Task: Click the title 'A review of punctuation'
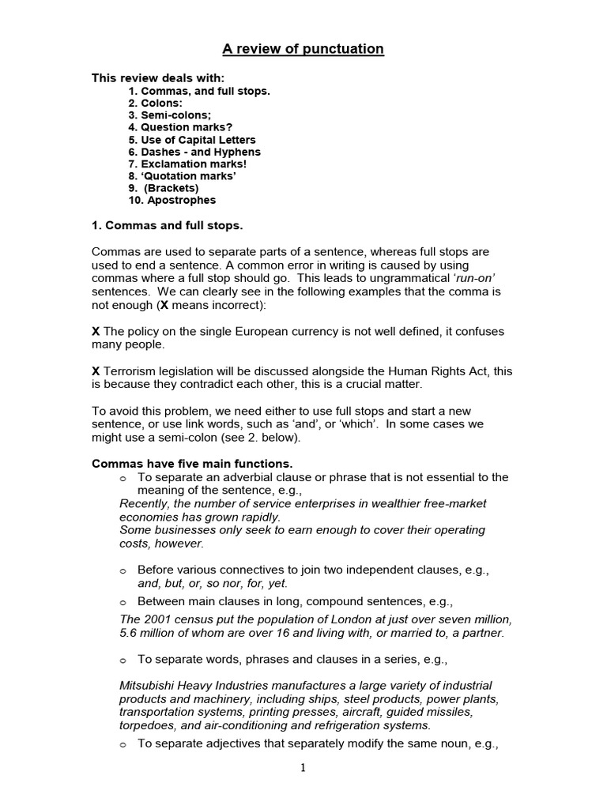[303, 49]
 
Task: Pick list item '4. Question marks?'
[180, 127]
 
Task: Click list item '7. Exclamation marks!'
[190, 164]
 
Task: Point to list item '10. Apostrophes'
[172, 200]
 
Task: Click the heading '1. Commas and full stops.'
[168, 226]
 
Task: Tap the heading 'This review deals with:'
[158, 77]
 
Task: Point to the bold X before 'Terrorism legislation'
[96, 371]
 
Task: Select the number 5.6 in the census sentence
[128, 632]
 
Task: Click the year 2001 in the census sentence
[156, 619]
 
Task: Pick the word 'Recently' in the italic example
[143, 503]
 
